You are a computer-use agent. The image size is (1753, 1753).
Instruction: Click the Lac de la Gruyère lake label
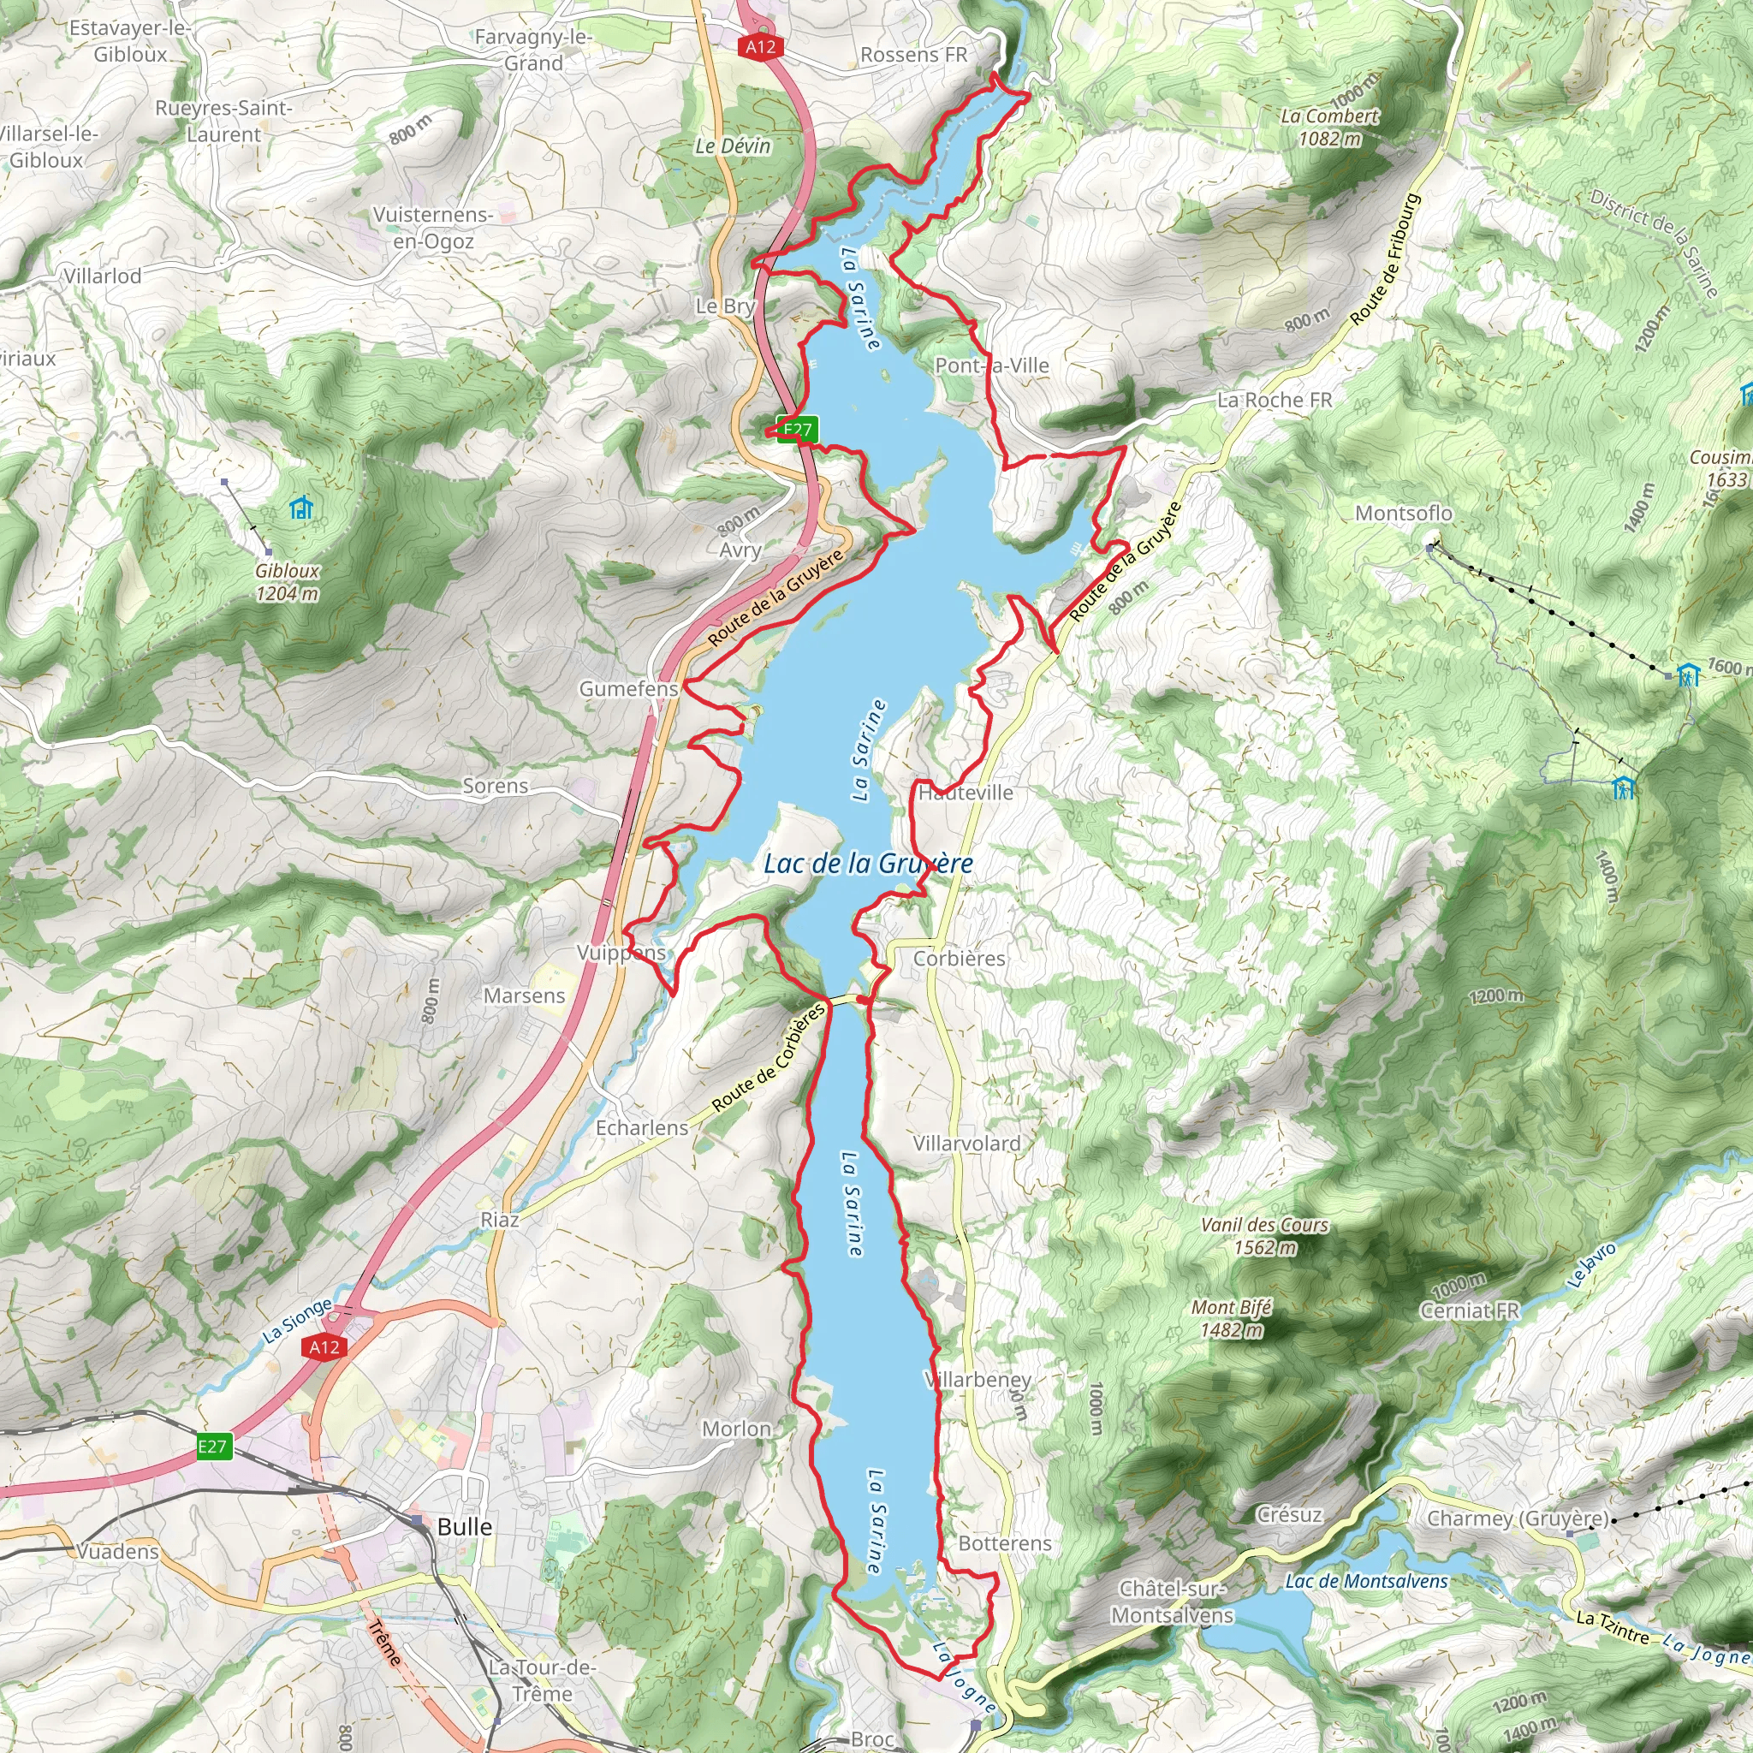[867, 863]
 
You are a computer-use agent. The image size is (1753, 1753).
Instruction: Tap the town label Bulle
[465, 1526]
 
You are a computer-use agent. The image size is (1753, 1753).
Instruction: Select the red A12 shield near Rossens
[760, 46]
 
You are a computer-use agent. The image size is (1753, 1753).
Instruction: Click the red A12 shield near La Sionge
[324, 1346]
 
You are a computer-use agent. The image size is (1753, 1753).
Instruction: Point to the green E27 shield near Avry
[799, 429]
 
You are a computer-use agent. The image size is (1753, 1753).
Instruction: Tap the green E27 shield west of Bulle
[213, 1447]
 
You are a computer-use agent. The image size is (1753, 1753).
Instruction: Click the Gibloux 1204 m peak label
[287, 581]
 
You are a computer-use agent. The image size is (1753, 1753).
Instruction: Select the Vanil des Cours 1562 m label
[1264, 1236]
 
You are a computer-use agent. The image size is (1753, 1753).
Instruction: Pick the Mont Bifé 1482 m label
[1231, 1318]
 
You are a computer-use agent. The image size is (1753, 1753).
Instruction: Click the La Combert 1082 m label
[1329, 127]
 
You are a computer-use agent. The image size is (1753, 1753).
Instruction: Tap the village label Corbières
[959, 958]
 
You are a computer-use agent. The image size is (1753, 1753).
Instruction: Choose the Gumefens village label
[629, 689]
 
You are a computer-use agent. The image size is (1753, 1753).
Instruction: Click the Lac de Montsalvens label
[1366, 1581]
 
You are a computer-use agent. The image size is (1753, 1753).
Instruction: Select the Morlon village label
[736, 1429]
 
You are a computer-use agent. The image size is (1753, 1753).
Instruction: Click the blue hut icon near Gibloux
[300, 508]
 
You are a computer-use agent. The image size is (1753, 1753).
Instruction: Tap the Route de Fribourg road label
[1387, 259]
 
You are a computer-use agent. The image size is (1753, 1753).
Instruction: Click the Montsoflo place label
[1403, 513]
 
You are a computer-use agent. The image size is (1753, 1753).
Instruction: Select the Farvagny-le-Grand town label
[533, 50]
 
